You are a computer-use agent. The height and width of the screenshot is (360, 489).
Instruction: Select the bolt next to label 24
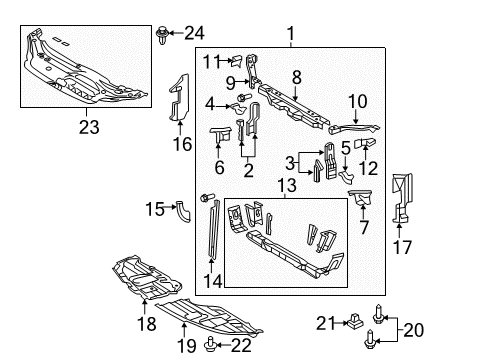pyautogui.click(x=163, y=37)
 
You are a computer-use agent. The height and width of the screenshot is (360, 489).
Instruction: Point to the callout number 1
pyautogui.click(x=291, y=37)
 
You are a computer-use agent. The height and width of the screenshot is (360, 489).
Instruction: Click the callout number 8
pyautogui.click(x=296, y=76)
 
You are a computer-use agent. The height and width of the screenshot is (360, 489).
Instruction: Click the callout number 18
pyautogui.click(x=147, y=325)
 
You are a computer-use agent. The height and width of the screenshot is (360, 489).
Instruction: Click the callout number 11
pyautogui.click(x=210, y=62)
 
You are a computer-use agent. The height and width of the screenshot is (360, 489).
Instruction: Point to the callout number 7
pyautogui.click(x=363, y=227)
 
